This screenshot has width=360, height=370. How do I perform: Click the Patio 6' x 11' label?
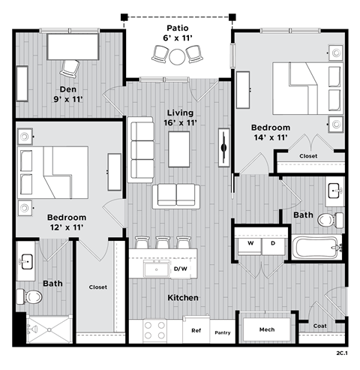pyautogui.click(x=178, y=33)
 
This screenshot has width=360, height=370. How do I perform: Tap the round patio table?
pyautogui.click(x=178, y=56)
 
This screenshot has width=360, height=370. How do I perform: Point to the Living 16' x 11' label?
pyautogui.click(x=179, y=119)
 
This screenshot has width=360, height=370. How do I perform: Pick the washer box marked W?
pyautogui.click(x=247, y=243)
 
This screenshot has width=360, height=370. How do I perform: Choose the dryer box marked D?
pyautogui.click(x=272, y=243)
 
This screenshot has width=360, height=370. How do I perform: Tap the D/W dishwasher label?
pyautogui.click(x=180, y=269)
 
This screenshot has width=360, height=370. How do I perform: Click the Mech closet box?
pyautogui.click(x=266, y=329)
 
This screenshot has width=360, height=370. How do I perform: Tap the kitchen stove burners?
pyautogui.click(x=154, y=331)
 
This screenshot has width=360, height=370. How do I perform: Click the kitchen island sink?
pyautogui.click(x=157, y=269)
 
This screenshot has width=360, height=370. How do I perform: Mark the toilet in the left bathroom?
pyautogui.click(x=33, y=296)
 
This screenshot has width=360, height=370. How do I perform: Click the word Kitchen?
pyautogui.click(x=183, y=298)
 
